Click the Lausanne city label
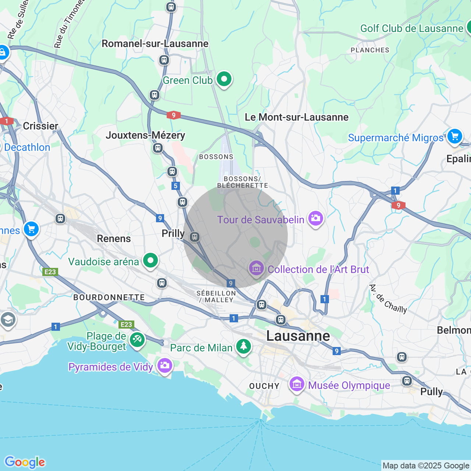coord(298,336)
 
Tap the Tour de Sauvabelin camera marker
coord(316,219)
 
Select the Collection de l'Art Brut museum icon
coord(256,268)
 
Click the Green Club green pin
coord(224,79)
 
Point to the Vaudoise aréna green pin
coord(150,261)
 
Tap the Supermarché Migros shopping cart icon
coord(454,137)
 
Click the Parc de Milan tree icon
coord(243,346)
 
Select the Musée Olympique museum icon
coord(297,385)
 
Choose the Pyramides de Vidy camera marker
coord(164,365)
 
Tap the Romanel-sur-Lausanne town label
coord(155,44)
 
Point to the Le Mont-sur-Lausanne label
coord(297,117)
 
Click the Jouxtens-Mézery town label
coord(145,135)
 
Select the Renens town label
coord(114,239)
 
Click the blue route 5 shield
coord(176,186)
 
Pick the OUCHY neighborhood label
coord(264,386)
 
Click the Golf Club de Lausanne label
coord(411,29)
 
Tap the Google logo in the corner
coord(25,462)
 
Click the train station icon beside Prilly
coord(195,237)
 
